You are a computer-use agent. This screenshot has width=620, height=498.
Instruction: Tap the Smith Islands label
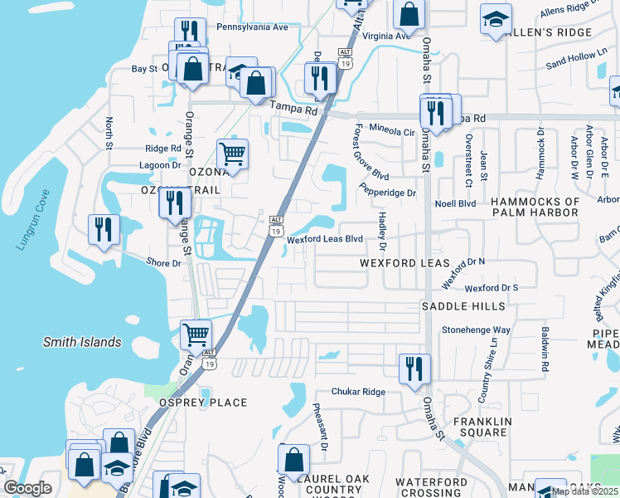pyautogui.click(x=82, y=342)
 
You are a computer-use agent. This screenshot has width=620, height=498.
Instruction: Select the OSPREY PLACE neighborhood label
pyautogui.click(x=203, y=403)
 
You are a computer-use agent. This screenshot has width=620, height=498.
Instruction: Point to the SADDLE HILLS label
pyautogui.click(x=463, y=306)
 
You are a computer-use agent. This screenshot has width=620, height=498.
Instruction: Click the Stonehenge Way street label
pyautogui.click(x=499, y=330)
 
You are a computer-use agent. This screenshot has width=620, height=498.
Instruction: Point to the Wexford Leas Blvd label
pyautogui.click(x=325, y=239)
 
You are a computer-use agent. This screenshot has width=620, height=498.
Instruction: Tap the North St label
pyautogui.click(x=109, y=133)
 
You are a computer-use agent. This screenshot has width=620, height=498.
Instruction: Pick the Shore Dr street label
pyautogui.click(x=163, y=263)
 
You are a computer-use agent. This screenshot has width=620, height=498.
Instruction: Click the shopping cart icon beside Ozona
pyautogui.click(x=232, y=154)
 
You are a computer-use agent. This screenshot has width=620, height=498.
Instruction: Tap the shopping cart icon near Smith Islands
pyautogui.click(x=196, y=334)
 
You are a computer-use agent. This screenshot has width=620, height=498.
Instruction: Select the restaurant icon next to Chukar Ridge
pyautogui.click(x=414, y=369)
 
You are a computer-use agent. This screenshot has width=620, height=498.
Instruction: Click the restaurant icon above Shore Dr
pyautogui.click(x=104, y=229)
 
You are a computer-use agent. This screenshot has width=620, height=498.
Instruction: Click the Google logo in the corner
pyautogui.click(x=27, y=488)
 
